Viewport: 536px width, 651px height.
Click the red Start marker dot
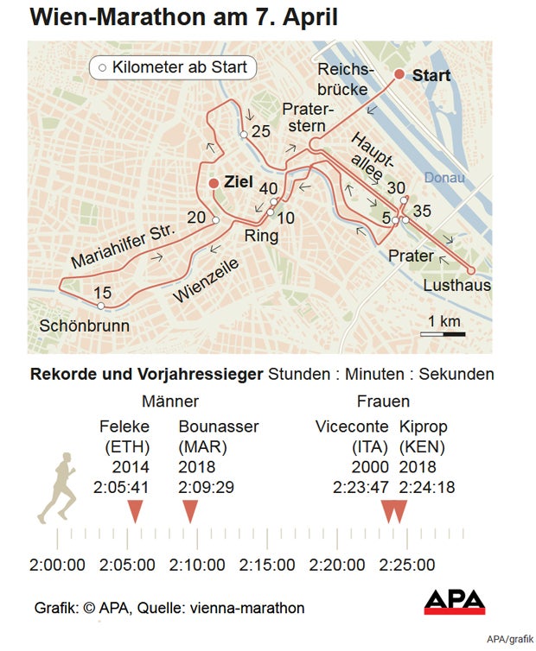coord(399,75)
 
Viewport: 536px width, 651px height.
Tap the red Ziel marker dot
coord(214,182)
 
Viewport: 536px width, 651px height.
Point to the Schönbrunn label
coord(85,325)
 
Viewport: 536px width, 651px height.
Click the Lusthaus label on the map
coord(457,285)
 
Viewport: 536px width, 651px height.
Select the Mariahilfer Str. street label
coord(124,244)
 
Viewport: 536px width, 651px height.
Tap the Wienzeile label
coord(205,281)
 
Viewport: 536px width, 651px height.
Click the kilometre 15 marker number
coord(102,292)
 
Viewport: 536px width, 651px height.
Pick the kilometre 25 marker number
coord(260,131)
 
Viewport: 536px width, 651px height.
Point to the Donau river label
coord(444,178)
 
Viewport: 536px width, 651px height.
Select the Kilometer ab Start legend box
coord(172,67)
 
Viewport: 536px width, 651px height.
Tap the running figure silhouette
coord(57,489)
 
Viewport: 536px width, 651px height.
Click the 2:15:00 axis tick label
coord(267,566)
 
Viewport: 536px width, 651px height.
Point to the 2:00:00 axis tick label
coord(57,566)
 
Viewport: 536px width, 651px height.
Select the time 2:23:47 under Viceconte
coord(361,487)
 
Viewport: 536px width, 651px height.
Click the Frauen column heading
coord(383,401)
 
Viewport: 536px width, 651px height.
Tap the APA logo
coord(454,602)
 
